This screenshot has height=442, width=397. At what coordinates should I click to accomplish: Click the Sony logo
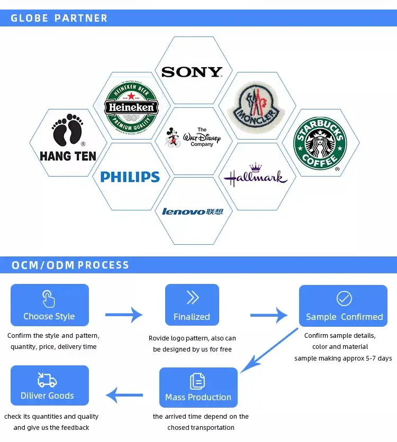pyautogui.click(x=192, y=72)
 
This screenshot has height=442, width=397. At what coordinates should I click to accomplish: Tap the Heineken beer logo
pyautogui.click(x=131, y=107)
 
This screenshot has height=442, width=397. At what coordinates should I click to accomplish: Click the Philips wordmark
pyautogui.click(x=130, y=177)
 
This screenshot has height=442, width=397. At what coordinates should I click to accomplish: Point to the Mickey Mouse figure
pyautogui.click(x=172, y=137)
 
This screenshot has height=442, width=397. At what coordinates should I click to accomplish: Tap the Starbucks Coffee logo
pyautogui.click(x=320, y=143)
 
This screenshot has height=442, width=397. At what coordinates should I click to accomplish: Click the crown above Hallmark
pyautogui.click(x=256, y=168)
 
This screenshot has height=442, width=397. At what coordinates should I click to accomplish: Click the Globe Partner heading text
pyautogui.click(x=59, y=18)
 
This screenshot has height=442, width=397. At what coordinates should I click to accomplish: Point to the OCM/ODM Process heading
pyautogui.click(x=70, y=265)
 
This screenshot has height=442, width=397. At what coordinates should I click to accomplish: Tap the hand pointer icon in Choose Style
pyautogui.click(x=49, y=299)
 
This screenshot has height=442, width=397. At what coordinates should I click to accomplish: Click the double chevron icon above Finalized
pyautogui.click(x=192, y=298)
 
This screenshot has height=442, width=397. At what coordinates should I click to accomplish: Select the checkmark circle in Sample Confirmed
pyautogui.click(x=344, y=299)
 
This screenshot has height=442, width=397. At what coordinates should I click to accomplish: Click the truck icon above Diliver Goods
pyautogui.click(x=47, y=380)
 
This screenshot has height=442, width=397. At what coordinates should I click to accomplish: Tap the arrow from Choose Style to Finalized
pyautogui.click(x=124, y=315)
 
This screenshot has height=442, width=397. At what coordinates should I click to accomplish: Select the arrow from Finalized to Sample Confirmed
pyautogui.click(x=269, y=315)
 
